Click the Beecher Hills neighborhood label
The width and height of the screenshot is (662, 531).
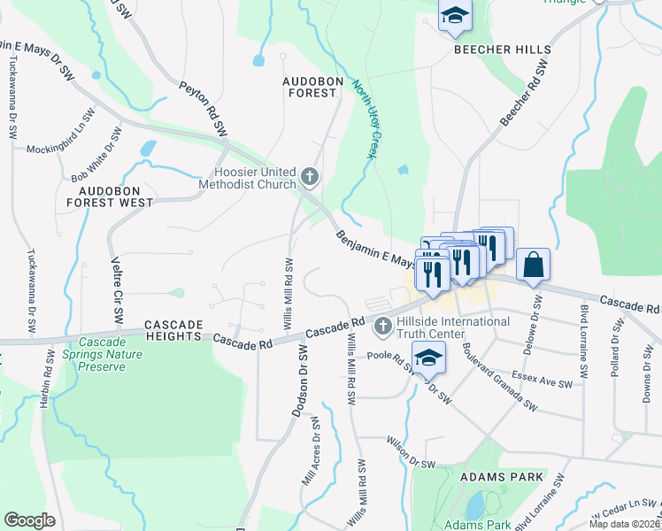tap(503, 50)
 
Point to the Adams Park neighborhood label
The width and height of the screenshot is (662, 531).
tap(497, 476)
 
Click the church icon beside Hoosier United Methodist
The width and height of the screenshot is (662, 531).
tap(309, 177)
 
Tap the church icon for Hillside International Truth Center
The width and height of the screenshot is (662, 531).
tap(383, 327)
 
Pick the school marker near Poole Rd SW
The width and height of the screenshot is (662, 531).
tap(427, 358)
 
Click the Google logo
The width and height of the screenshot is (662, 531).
tap(29, 520)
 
